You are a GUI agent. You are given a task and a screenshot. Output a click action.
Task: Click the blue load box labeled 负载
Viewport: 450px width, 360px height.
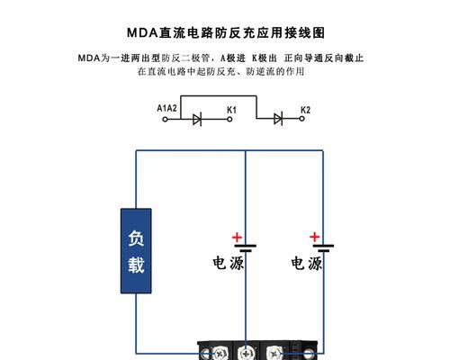[136, 251]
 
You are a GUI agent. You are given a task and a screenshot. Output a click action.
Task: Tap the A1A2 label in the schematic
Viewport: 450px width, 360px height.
[166, 108]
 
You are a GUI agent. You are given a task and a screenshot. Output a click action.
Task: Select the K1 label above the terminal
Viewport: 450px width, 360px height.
[231, 110]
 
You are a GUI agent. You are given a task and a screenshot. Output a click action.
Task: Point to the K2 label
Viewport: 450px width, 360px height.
[305, 110]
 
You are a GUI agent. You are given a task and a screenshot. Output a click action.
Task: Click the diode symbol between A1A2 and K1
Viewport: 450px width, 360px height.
[197, 119]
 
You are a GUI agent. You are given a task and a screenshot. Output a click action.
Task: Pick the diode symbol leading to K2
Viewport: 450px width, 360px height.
[278, 119]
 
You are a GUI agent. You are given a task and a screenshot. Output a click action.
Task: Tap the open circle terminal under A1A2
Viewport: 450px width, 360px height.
[165, 119]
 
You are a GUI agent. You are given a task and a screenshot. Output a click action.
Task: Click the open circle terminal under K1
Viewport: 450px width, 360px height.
[229, 119]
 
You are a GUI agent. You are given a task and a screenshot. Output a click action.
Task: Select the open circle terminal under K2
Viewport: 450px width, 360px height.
[302, 119]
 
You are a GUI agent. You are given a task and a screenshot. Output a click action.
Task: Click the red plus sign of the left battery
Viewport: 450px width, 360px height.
[237, 238]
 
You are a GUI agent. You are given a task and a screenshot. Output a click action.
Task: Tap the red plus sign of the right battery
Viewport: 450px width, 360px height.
[315, 237]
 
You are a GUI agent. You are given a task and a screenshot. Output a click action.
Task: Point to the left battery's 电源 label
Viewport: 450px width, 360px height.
[229, 263]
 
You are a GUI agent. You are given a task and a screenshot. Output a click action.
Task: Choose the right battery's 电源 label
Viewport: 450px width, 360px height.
[306, 263]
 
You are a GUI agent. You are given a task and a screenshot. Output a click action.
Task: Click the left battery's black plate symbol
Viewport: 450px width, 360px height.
[246, 248]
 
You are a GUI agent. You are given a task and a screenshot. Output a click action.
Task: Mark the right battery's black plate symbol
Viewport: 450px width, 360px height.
[323, 248]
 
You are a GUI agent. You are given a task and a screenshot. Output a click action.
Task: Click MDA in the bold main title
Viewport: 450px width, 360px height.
[142, 32]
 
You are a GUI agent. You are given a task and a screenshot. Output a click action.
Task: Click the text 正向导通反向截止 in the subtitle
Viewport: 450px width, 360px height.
[324, 58]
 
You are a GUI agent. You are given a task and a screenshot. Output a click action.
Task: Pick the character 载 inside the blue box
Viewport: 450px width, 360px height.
[136, 265]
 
